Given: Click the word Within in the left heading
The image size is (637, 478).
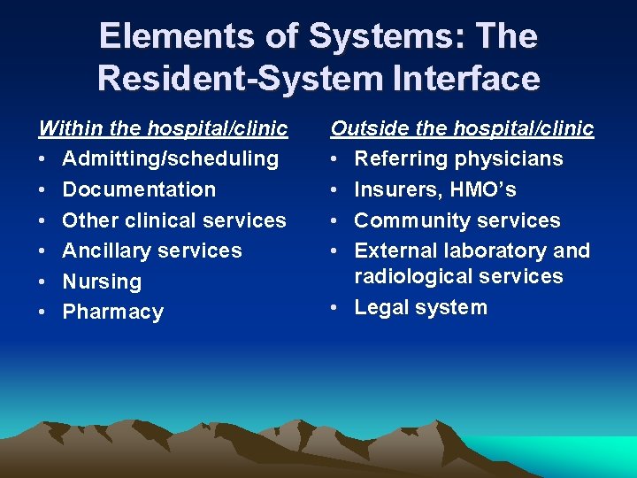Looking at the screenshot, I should [67, 128].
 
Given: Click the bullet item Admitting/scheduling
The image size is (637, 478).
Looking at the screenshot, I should [171, 159].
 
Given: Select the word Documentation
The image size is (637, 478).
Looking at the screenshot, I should [139, 189].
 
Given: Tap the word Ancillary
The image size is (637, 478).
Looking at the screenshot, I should [104, 251].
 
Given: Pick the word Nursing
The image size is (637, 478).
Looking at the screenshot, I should [102, 282].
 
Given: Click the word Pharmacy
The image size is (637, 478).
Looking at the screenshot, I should [112, 312].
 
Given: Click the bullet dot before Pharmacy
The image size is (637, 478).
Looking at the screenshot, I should [42, 312].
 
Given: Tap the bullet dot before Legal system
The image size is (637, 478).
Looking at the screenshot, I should [336, 308].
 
